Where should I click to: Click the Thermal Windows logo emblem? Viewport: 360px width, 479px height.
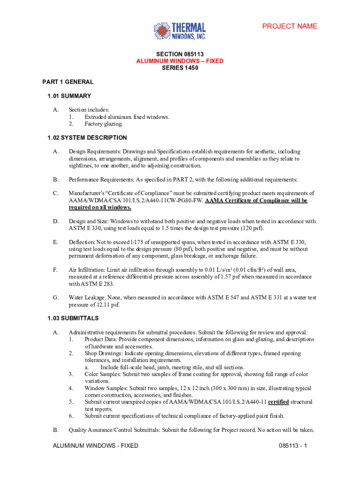[162, 31]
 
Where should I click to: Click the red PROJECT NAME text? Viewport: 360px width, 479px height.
[289, 26]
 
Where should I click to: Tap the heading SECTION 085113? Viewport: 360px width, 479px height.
[180, 54]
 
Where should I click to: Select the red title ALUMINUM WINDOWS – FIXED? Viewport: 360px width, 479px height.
[180, 61]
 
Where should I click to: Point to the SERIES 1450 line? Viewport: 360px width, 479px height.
[180, 68]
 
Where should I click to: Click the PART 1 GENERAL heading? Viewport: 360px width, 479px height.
[68, 82]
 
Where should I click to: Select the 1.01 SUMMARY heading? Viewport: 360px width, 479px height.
[69, 96]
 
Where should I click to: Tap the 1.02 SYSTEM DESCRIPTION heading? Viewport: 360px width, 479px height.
[87, 138]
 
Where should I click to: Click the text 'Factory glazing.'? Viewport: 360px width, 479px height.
[104, 124]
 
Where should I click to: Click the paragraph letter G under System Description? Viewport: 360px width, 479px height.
[56, 298]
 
